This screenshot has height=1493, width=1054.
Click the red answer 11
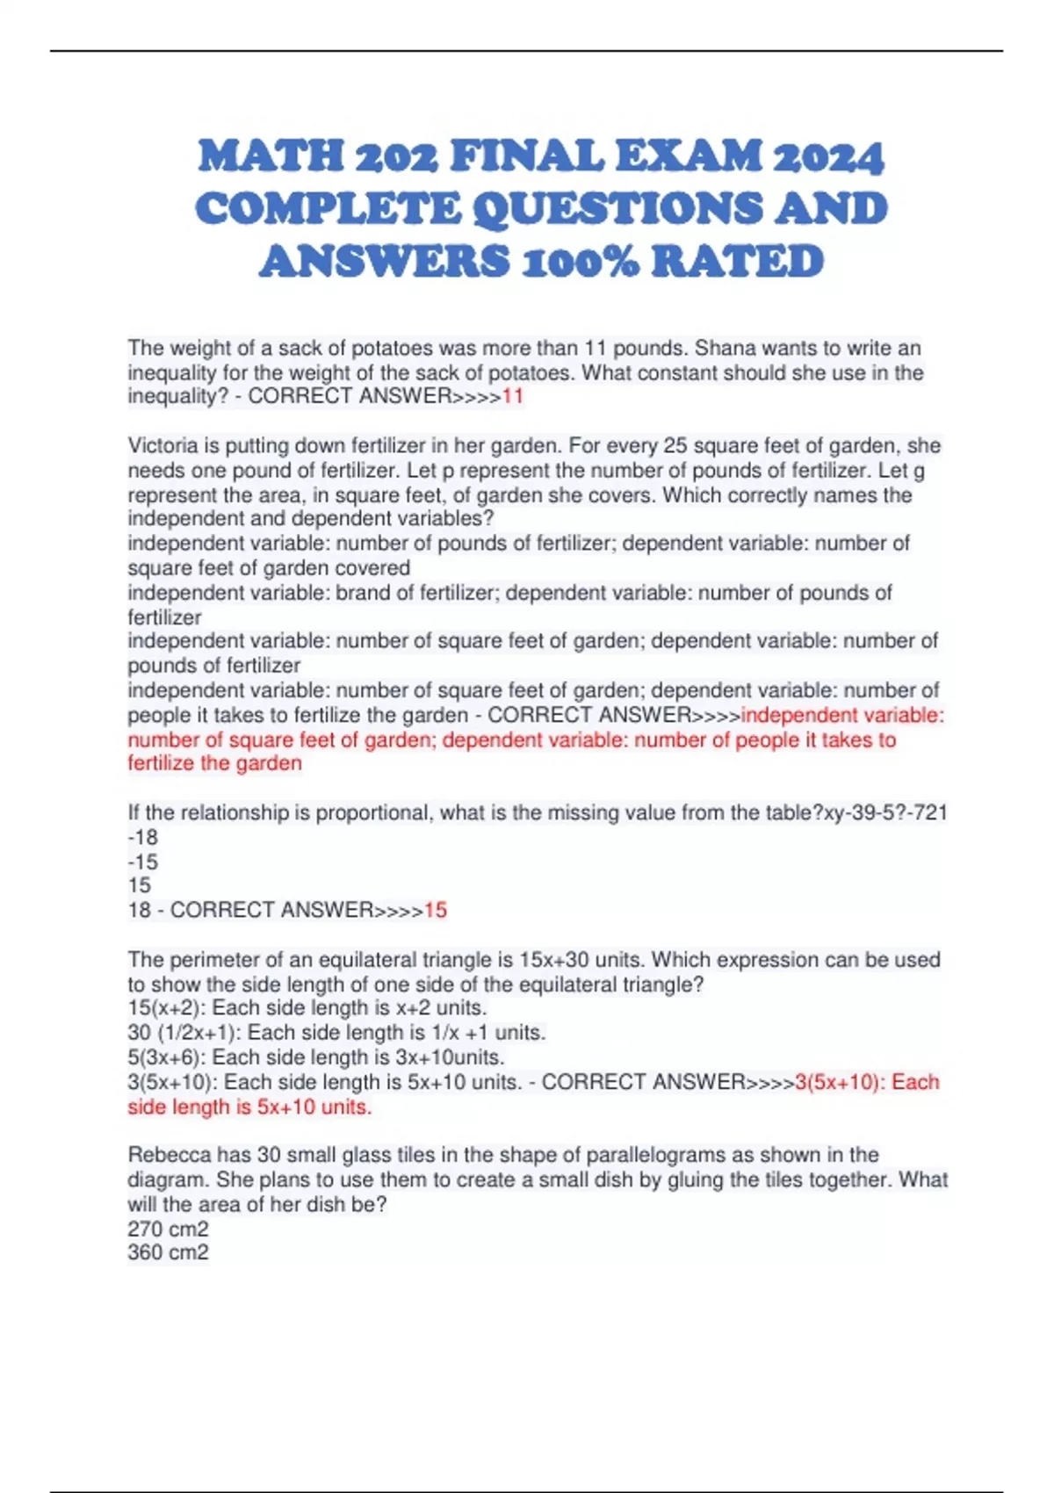[x=512, y=396]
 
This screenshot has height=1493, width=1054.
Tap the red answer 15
[x=436, y=910]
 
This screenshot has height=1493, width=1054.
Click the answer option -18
[x=142, y=837]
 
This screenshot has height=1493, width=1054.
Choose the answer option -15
[x=142, y=862]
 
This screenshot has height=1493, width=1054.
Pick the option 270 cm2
[x=168, y=1229]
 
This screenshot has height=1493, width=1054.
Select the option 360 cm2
[x=168, y=1252]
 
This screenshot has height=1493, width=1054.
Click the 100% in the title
[x=581, y=262]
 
